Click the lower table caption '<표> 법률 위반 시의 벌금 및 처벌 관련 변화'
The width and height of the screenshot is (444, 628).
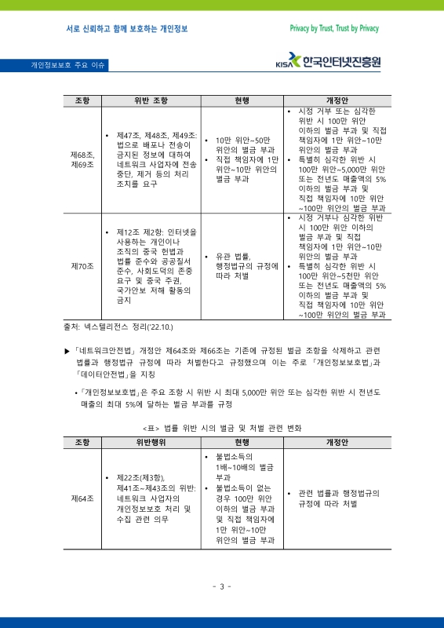222,428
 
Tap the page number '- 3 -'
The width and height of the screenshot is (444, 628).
222,586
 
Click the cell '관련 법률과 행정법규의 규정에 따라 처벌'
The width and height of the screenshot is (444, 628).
338,498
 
